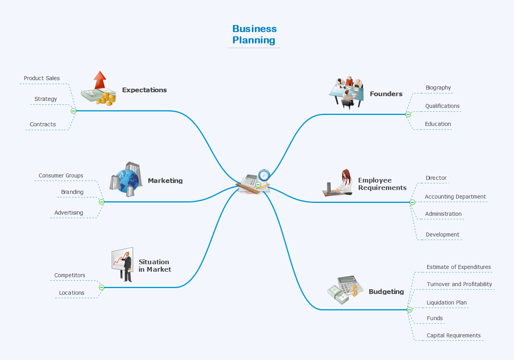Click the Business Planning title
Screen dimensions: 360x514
(x=254, y=34)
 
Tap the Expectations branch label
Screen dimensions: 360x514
(x=144, y=90)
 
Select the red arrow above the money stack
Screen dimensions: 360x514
(x=100, y=80)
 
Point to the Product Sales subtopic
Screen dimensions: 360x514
(x=42, y=78)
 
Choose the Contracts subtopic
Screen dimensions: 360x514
(x=43, y=124)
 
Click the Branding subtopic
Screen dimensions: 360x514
(x=72, y=192)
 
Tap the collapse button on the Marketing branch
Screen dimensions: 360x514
(x=102, y=202)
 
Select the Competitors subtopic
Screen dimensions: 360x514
(x=70, y=275)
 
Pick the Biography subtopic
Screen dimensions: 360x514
(x=438, y=88)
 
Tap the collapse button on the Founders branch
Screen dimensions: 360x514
(x=408, y=115)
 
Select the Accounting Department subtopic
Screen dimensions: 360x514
(x=455, y=197)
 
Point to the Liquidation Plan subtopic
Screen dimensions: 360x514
(x=446, y=303)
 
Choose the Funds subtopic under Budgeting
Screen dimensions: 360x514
(x=435, y=318)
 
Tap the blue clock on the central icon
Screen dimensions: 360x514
(x=264, y=174)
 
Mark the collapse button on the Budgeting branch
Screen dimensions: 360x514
(x=410, y=310)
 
